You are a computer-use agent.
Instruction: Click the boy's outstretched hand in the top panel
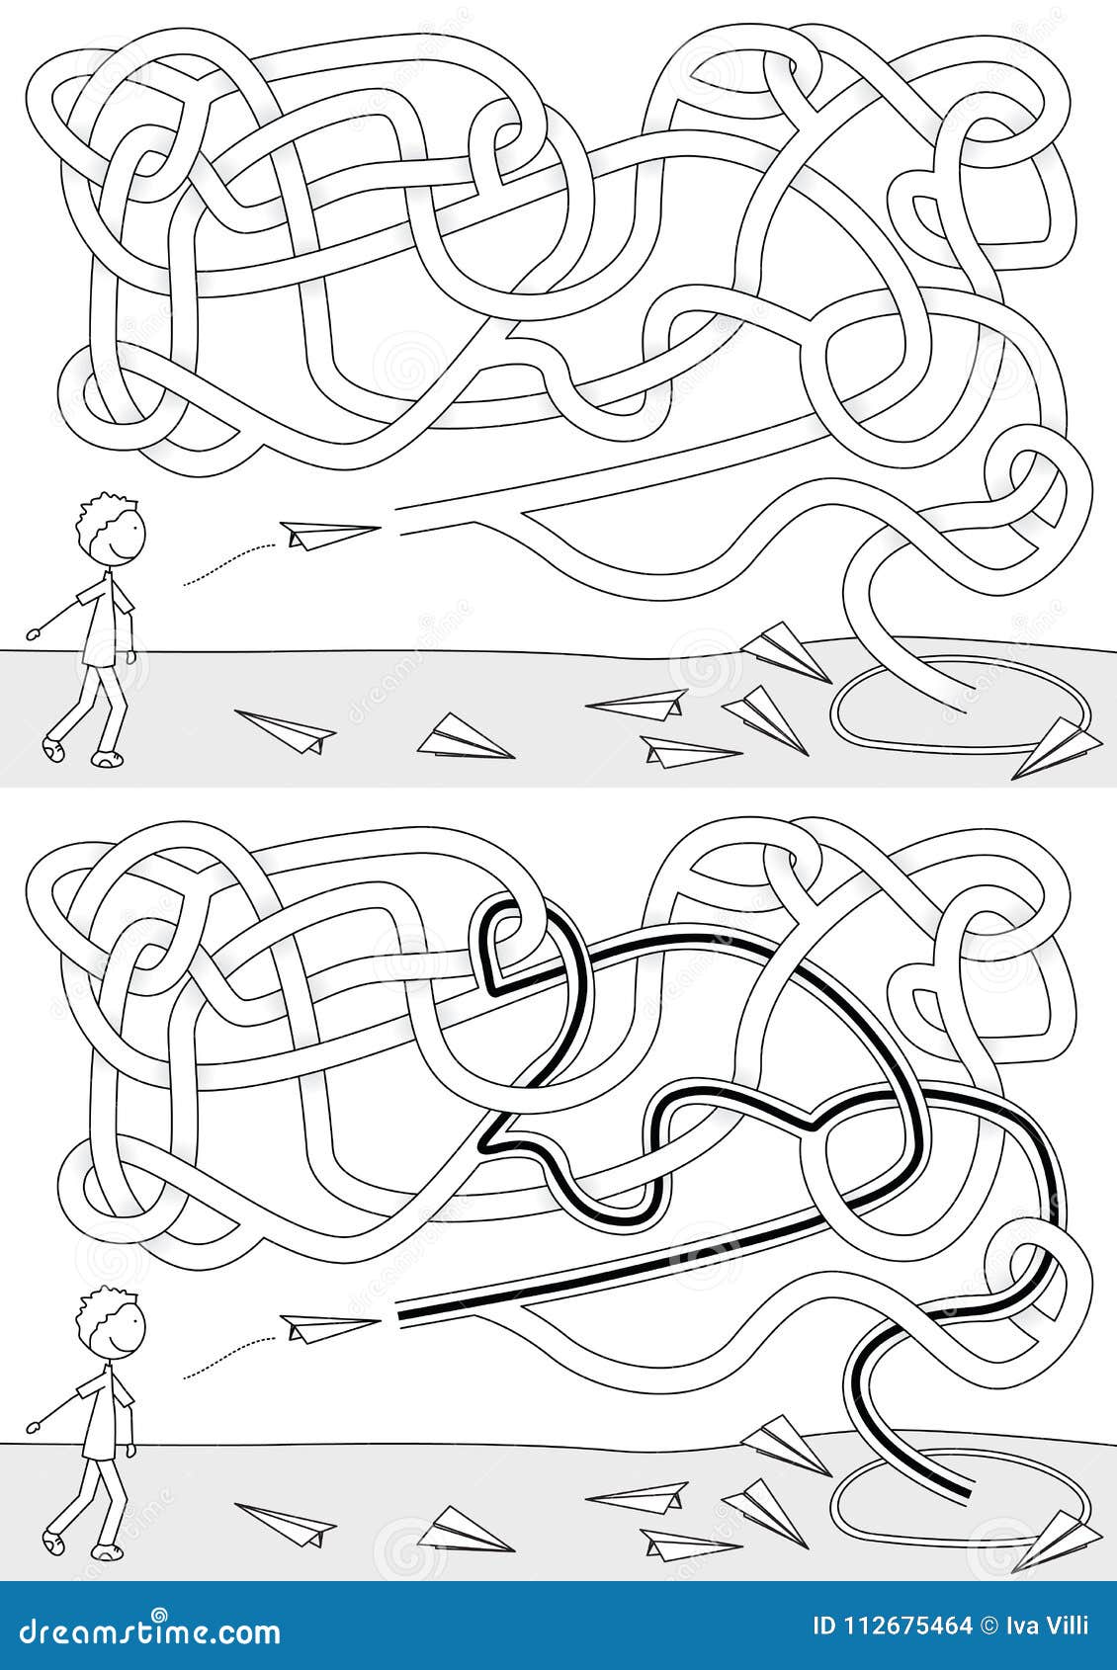pyautogui.click(x=34, y=630)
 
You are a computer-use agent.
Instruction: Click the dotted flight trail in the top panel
pyautogui.click(x=227, y=561)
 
